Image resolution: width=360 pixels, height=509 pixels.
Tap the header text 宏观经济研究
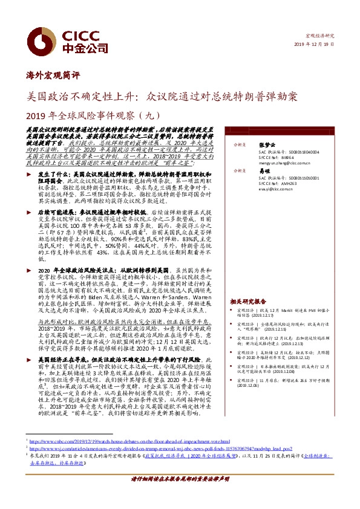[321, 36]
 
